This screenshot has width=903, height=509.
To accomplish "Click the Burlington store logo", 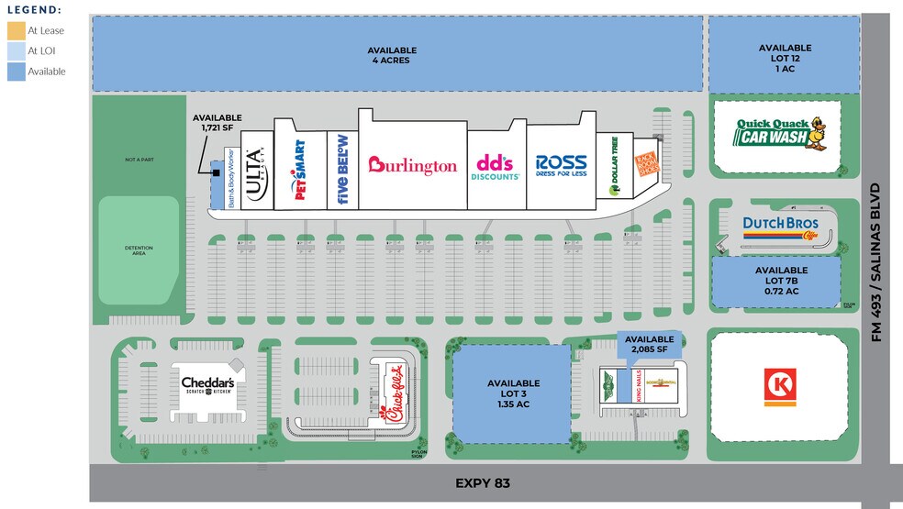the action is (412, 165).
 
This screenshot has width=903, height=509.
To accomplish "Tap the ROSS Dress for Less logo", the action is (561, 166).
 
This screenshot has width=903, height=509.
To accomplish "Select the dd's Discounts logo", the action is (497, 166).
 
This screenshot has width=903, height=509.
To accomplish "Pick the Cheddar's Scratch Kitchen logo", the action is (207, 385).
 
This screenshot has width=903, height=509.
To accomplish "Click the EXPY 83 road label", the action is (482, 482).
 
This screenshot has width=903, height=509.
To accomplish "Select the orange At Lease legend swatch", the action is (17, 31).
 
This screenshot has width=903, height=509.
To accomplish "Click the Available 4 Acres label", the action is (392, 55).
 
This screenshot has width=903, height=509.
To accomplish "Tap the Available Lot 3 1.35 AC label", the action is (513, 393).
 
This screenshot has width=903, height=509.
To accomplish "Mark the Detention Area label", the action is (139, 251).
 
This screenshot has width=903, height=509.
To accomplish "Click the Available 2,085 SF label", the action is (649, 344).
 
